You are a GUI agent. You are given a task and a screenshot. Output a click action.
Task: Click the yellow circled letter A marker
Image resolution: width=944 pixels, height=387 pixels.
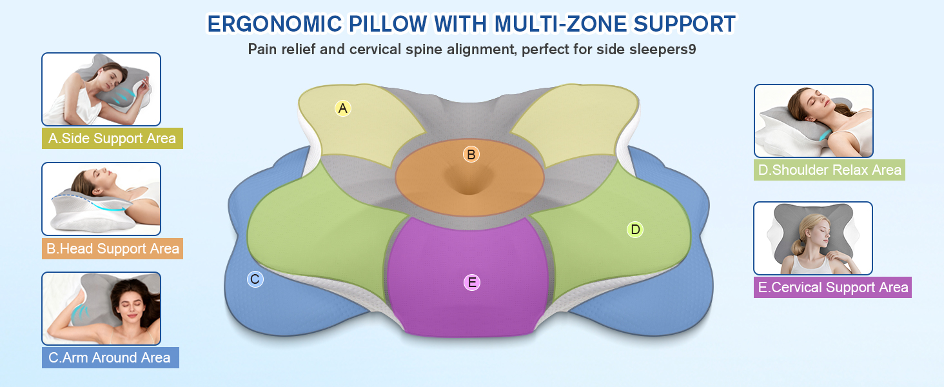[343, 108]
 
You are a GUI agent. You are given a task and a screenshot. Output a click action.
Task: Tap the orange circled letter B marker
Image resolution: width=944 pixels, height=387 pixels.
[471, 154]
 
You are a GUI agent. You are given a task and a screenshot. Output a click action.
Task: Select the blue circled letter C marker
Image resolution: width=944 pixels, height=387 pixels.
[255, 279]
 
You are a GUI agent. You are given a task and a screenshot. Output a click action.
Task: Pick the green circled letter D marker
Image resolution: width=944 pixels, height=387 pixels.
[635, 230]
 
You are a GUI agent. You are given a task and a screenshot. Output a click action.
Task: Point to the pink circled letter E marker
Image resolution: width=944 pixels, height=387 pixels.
[472, 282]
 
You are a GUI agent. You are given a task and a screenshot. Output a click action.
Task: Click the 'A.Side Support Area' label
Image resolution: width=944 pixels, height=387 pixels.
[112, 138]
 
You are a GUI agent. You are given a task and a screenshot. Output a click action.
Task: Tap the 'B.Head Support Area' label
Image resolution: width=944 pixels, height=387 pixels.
[112, 248]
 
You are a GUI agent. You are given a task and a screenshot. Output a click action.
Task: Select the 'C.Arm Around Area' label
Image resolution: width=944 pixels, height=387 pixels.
[110, 357]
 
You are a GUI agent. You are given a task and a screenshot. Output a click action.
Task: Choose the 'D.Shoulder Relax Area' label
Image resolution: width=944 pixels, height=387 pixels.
[829, 170]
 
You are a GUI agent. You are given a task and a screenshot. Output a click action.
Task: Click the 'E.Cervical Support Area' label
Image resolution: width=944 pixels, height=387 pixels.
[832, 288]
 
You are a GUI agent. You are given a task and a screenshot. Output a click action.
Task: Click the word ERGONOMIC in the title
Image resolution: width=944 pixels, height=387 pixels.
[275, 24]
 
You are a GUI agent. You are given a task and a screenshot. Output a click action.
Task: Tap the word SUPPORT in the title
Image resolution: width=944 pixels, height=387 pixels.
[685, 24]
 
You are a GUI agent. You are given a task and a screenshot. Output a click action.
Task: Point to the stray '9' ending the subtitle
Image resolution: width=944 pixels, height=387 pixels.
[692, 49]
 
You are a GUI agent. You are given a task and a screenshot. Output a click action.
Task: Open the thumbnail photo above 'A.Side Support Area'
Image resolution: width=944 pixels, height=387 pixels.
[101, 90]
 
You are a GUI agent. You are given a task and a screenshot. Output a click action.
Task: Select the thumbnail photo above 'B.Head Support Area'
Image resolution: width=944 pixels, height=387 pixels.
[101, 199]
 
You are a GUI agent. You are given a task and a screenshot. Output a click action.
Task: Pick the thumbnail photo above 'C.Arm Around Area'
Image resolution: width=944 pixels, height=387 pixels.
[101, 308]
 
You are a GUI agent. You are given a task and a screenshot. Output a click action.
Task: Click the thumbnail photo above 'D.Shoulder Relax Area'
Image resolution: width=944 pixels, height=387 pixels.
[813, 121]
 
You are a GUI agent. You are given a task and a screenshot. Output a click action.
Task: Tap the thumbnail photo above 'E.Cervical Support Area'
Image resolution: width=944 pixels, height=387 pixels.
[813, 238]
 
